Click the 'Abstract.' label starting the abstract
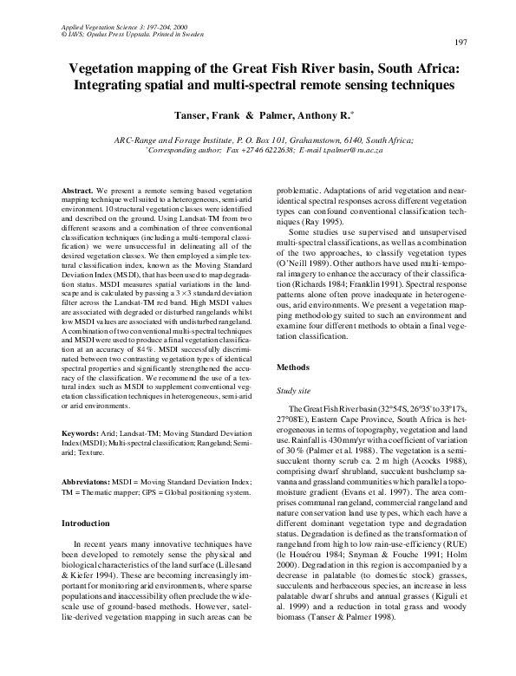[80, 189]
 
